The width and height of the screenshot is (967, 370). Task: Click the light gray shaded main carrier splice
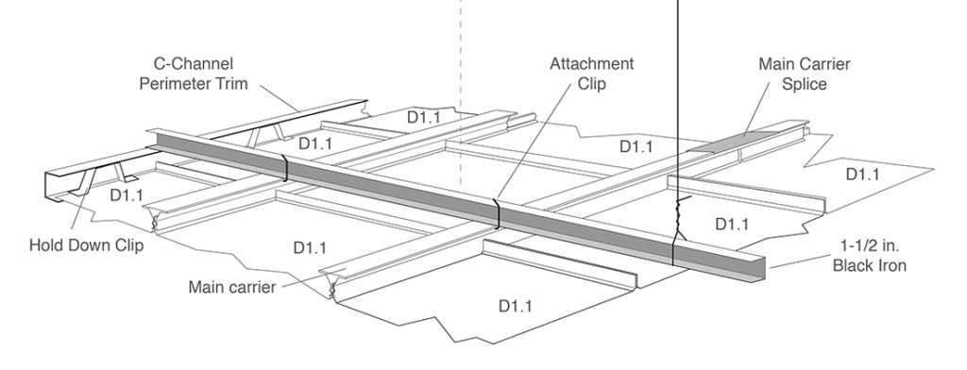coord(738,143)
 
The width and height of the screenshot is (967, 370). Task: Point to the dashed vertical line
coord(460,94)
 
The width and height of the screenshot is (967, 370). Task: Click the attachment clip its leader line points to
coord(498,214)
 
